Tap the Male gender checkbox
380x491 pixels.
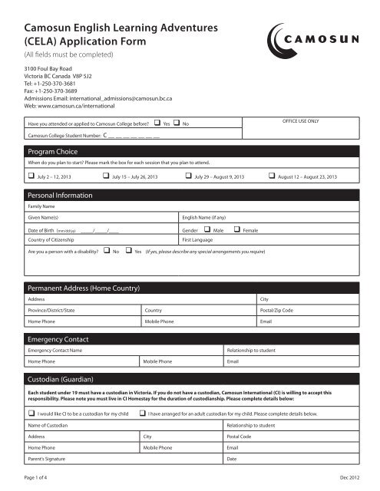pyautogui.click(x=207, y=229)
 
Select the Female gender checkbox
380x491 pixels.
pyautogui.click(x=237, y=229)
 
